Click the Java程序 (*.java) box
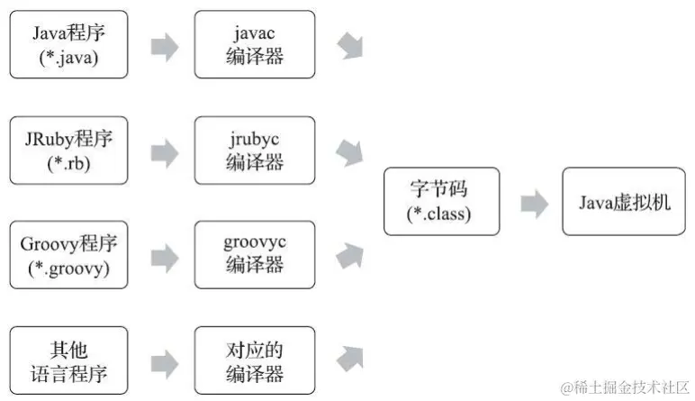click(68, 44)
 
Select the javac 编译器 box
click(255, 44)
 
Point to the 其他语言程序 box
click(68, 360)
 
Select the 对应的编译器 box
click(255, 360)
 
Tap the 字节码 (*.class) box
click(441, 202)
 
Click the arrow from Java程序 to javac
click(164, 47)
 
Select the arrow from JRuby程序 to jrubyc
click(164, 151)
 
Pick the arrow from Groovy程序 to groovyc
click(164, 257)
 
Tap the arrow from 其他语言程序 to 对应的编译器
click(164, 362)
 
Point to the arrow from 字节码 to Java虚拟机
click(533, 204)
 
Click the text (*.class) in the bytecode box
click(441, 214)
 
